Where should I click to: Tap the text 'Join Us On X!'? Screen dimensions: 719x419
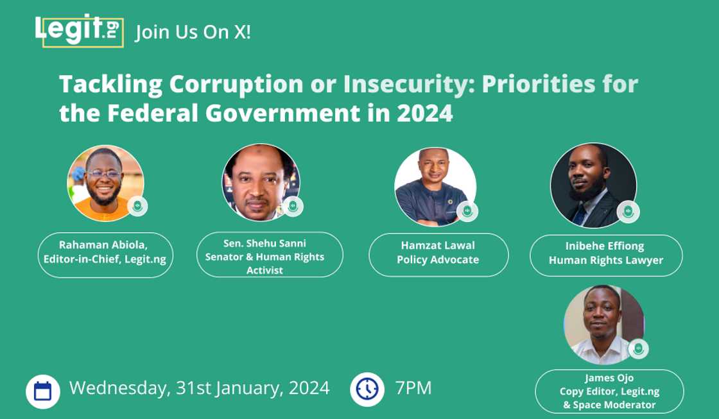193,32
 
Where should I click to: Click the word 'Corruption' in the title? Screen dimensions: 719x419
236,85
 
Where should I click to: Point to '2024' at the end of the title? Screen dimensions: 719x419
424,113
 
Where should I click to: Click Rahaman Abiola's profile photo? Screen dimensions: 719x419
105,184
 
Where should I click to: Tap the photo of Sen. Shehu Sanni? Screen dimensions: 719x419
261,182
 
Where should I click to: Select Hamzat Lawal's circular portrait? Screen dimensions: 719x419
435,187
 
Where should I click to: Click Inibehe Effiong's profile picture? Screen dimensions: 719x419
593,185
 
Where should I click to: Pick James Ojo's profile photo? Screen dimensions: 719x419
604,325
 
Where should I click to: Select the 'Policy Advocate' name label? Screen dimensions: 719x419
438,255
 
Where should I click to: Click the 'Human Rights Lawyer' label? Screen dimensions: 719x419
606,255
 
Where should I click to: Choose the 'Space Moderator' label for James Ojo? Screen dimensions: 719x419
609,391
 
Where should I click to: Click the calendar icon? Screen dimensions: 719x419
43,391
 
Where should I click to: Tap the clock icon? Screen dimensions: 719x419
367,389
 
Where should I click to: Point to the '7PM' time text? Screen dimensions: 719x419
413,388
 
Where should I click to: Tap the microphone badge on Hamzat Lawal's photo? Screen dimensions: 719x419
467,211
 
